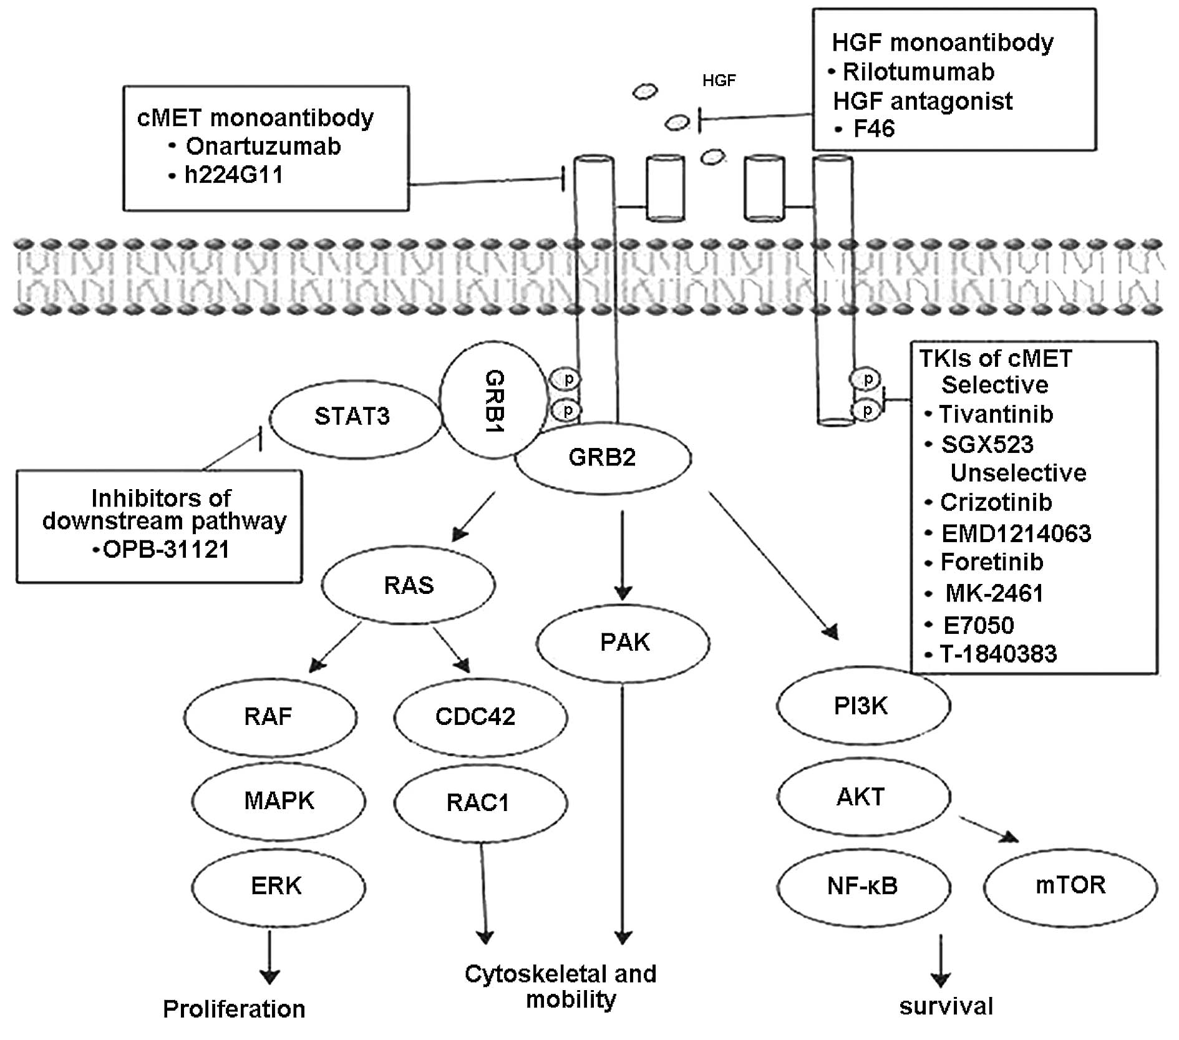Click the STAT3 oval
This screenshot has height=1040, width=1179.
coord(353,416)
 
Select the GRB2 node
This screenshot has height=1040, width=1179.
coord(602,458)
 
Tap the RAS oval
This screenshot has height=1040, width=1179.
coord(409,585)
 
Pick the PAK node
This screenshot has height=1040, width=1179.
coord(624,643)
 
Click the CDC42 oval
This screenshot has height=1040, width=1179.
coord(475,716)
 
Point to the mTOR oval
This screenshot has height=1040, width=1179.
coord(1070,885)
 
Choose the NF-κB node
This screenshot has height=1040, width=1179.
coord(863,886)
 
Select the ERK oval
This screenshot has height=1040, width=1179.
coord(277,886)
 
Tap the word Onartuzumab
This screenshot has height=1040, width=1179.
coord(263,147)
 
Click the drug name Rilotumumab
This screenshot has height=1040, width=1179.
coord(918,72)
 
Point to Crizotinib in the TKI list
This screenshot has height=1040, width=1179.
coord(996,502)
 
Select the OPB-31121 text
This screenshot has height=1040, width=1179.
coord(165,550)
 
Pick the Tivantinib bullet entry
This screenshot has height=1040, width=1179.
coord(996,414)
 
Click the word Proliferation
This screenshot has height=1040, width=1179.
coord(234,1009)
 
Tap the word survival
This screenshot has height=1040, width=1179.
coord(946,1006)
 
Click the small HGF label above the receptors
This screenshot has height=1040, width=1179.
coord(719,80)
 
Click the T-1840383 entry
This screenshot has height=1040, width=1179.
coord(998,654)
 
